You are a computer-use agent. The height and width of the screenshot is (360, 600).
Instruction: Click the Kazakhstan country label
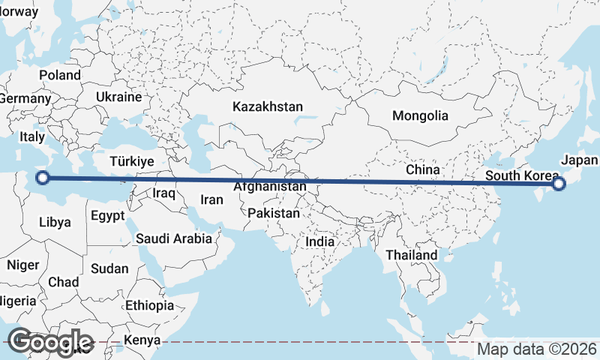267,106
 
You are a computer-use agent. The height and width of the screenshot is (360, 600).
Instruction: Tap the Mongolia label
420,115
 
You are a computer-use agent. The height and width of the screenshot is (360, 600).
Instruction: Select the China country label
422,170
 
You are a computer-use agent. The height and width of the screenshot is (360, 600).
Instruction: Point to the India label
320,242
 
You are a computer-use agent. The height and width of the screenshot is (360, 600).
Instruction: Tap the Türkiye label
131,161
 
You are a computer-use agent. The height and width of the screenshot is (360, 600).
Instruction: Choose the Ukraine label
118,97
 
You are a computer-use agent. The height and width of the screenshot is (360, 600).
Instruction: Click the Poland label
60,75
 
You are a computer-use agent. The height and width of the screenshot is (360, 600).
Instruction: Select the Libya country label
55,222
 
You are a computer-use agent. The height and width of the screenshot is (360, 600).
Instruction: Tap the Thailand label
411,255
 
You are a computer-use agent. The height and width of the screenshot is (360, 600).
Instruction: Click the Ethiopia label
149,305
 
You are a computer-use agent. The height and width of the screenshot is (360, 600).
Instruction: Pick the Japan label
579,160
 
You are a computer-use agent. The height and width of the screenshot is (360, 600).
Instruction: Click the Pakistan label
274,213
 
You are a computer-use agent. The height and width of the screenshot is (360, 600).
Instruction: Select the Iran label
211,199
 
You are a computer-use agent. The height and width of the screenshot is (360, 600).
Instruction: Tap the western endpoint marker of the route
43,178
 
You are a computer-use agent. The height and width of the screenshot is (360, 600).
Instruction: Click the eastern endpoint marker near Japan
558,184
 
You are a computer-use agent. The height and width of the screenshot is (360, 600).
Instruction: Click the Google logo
49,341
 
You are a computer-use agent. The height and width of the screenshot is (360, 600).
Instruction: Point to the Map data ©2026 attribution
537,349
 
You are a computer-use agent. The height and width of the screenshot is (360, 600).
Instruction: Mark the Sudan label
109,268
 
